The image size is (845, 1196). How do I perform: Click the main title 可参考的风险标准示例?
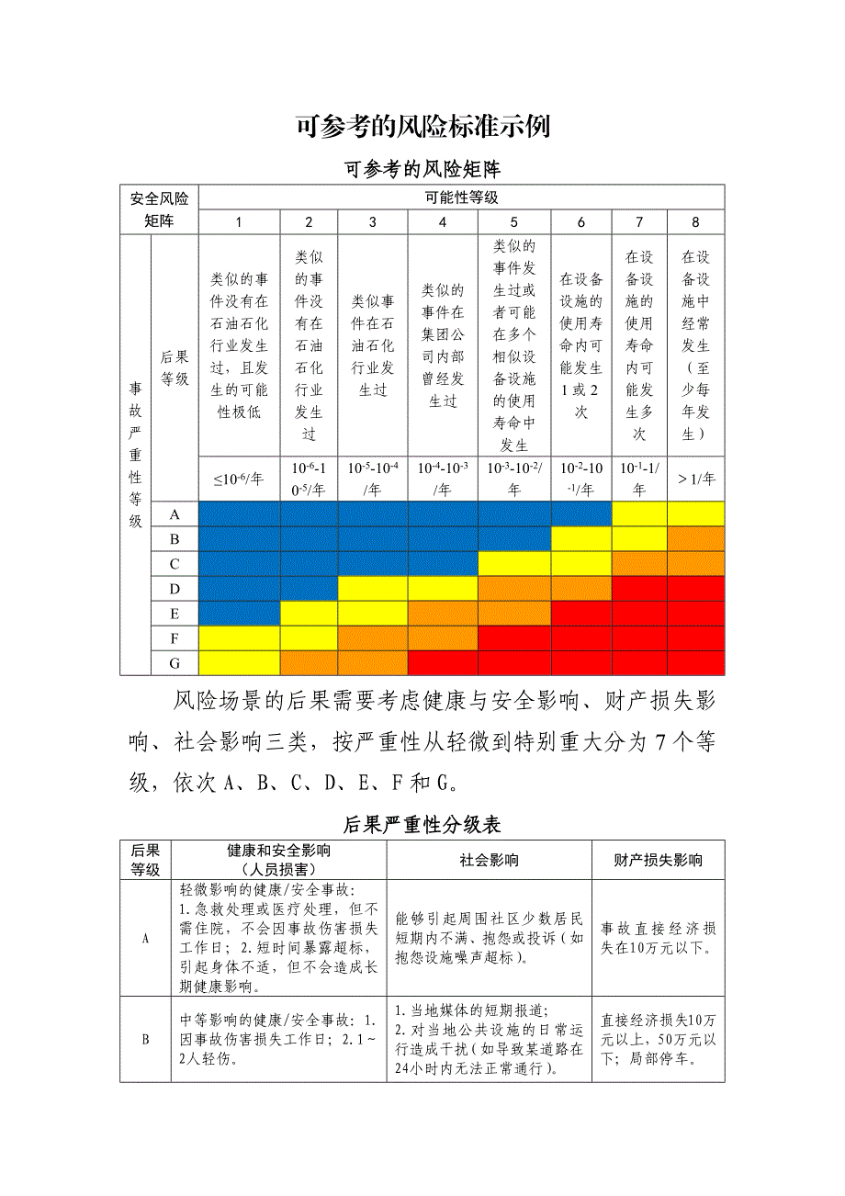(422, 126)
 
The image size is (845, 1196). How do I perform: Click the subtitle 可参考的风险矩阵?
(422, 170)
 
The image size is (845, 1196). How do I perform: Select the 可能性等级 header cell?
(461, 197)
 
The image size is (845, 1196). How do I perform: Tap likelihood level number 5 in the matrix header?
(513, 221)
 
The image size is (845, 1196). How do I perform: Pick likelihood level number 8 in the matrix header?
(695, 221)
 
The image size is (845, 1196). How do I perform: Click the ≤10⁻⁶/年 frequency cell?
(239, 479)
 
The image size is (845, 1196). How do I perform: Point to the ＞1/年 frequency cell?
(695, 479)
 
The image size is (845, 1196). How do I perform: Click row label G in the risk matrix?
(175, 662)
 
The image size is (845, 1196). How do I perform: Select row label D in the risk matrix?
(175, 588)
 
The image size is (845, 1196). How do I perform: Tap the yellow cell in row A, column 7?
(639, 513)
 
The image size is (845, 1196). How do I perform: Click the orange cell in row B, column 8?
(695, 538)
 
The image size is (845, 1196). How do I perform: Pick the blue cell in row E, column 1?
(239, 613)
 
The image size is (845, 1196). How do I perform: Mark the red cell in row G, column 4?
(443, 662)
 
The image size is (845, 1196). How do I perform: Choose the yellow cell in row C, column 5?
(513, 563)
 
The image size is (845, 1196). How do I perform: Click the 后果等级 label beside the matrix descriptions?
(175, 367)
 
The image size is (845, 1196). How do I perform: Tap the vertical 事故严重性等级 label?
(135, 455)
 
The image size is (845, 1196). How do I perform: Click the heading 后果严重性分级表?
(422, 824)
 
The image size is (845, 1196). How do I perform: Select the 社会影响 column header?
(489, 860)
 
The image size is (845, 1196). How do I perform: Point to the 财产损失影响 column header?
(659, 860)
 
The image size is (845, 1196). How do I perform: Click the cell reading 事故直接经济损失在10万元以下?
(659, 938)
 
